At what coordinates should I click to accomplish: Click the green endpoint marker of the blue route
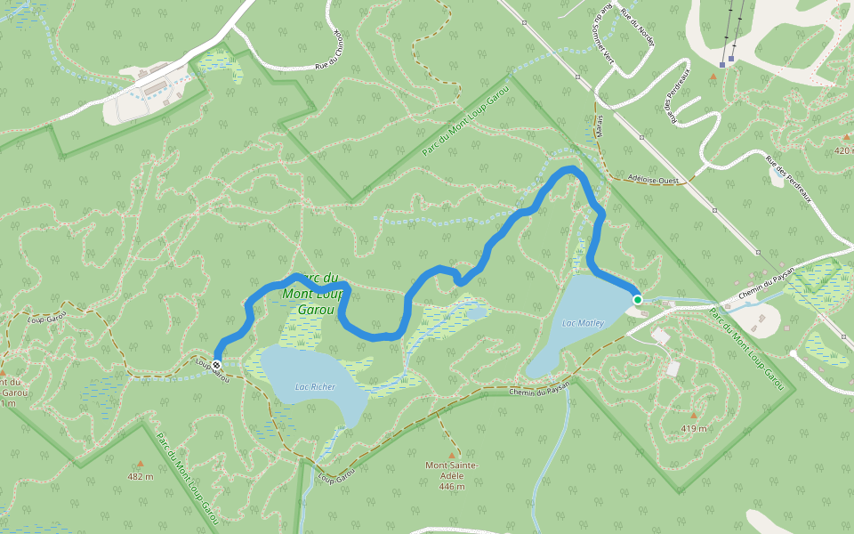(638, 300)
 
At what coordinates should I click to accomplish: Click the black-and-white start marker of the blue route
(216, 363)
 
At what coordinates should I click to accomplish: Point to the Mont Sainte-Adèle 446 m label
(452, 476)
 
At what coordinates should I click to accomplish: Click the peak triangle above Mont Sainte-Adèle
(451, 456)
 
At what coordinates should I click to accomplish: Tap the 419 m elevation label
(694, 429)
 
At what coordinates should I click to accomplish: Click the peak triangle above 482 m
(140, 463)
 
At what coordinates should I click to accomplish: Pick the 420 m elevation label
(844, 150)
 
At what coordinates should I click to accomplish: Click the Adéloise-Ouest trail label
(653, 179)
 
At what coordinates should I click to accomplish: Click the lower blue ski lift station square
(722, 64)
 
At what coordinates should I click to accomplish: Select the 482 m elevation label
(141, 477)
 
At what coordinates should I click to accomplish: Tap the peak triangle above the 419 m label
(694, 415)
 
